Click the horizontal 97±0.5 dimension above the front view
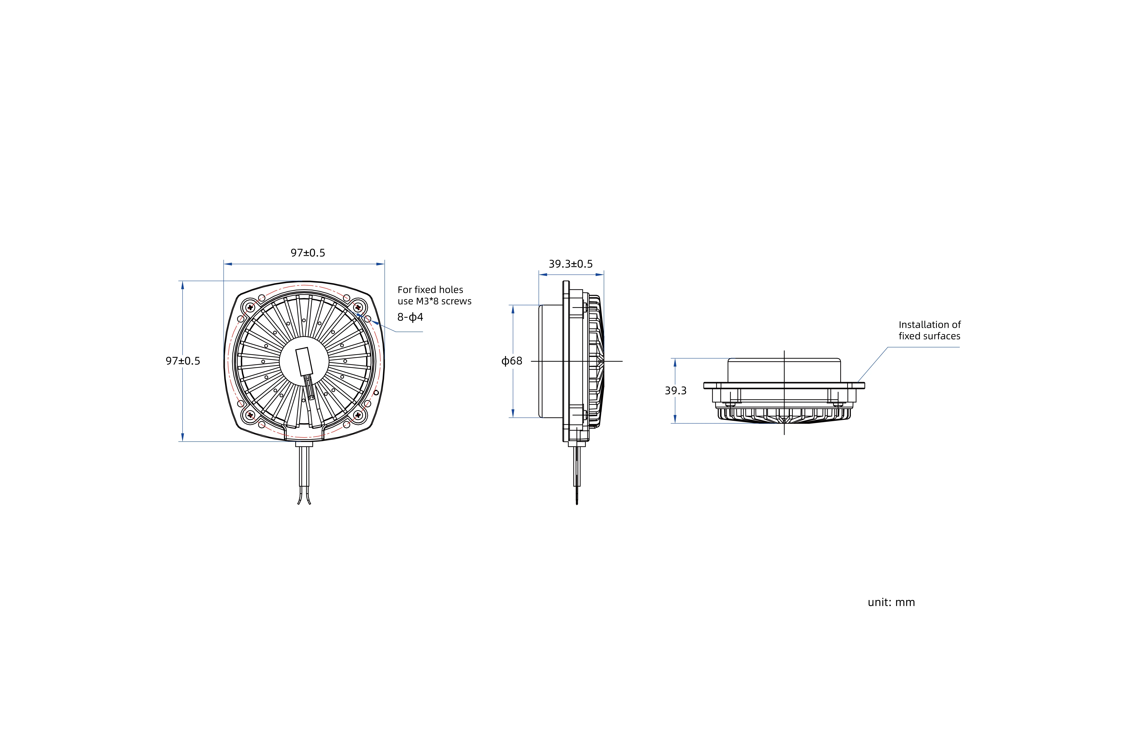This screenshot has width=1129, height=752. coord(308,253)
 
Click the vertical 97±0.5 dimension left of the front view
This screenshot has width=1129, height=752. coord(183,361)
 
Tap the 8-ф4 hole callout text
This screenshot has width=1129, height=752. coord(410,317)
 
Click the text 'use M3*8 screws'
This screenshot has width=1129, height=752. coord(434,301)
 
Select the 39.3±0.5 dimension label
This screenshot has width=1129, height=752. coord(571,264)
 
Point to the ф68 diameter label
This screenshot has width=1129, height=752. coord(512,361)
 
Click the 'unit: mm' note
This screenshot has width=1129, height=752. coord(891,602)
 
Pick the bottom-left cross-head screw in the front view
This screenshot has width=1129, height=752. coord(250,415)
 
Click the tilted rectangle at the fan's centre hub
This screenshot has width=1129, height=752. coord(304,362)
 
